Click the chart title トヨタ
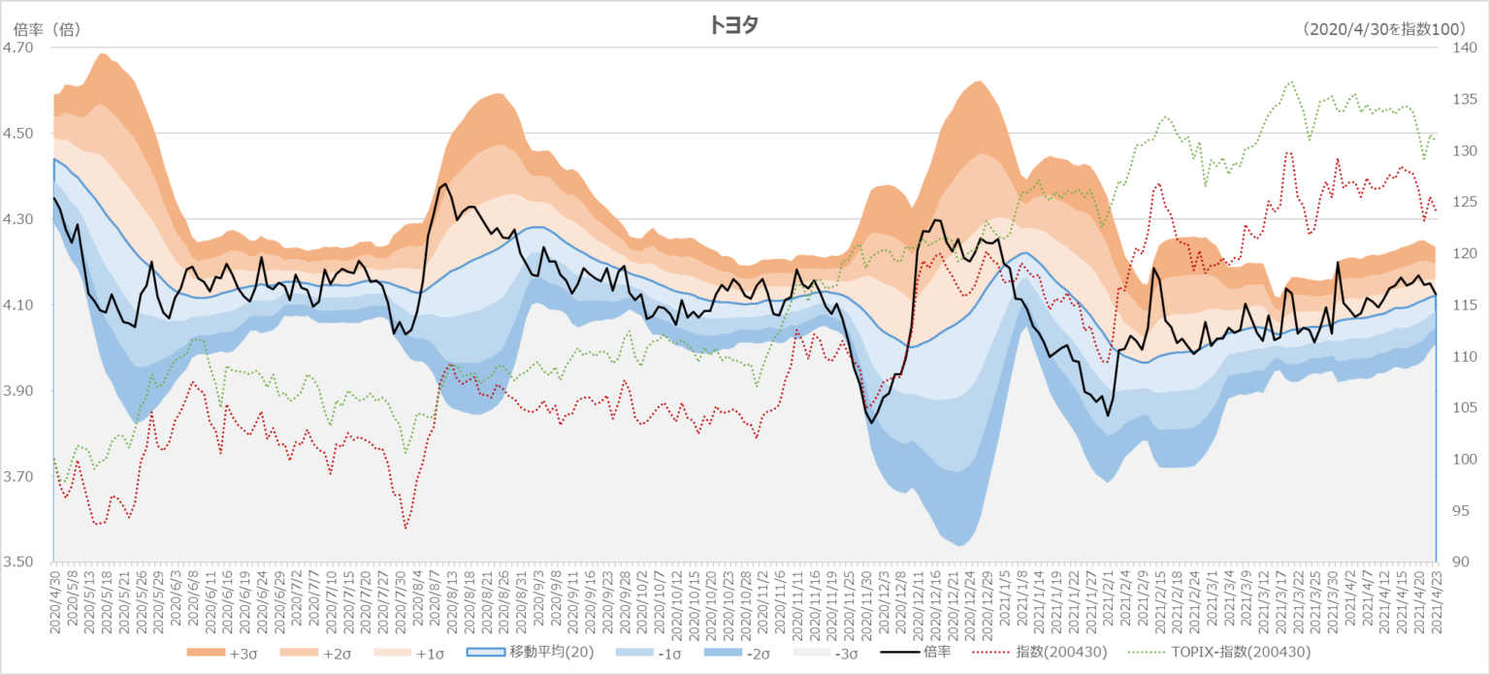(x=732, y=26)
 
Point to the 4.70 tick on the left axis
(x=18, y=48)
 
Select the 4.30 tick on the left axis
(x=18, y=219)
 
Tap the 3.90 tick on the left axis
(x=18, y=391)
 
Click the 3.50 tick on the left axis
(x=18, y=562)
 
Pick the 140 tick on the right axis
(x=1462, y=48)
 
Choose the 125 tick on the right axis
(x=1462, y=202)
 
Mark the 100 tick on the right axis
(x=1462, y=459)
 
